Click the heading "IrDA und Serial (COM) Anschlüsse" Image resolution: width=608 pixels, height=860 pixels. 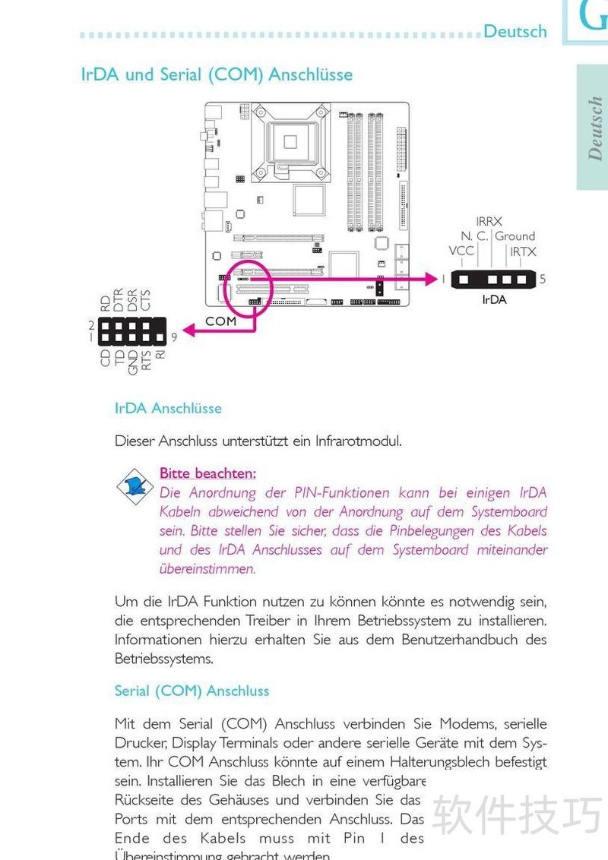(x=217, y=74)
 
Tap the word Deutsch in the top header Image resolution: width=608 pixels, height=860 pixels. (x=515, y=31)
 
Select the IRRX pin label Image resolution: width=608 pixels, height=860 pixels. (x=489, y=221)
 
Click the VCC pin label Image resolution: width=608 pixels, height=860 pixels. (x=461, y=251)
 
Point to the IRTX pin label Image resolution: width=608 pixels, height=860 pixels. (x=523, y=251)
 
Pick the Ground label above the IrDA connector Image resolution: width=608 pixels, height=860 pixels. (x=515, y=236)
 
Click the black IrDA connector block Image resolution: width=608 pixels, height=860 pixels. (x=494, y=279)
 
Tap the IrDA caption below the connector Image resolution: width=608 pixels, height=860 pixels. (x=494, y=299)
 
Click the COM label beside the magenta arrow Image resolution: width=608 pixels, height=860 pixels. (x=220, y=321)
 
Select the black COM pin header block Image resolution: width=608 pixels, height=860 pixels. (x=131, y=330)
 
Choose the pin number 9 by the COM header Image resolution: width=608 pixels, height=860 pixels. (x=173, y=336)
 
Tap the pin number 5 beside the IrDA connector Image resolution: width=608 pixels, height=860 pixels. (x=543, y=279)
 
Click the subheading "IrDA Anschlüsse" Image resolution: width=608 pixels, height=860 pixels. (x=168, y=408)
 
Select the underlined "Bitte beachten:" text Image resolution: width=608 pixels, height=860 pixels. (x=207, y=473)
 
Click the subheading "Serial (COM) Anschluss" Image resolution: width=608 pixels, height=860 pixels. (x=192, y=691)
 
